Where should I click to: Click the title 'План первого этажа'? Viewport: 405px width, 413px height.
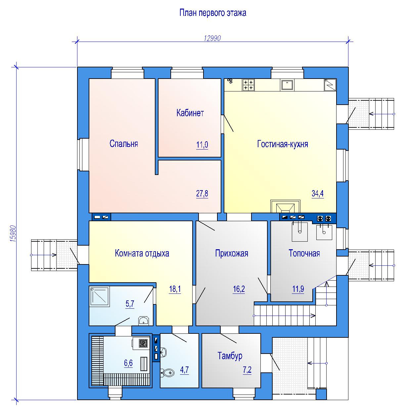click(213, 13)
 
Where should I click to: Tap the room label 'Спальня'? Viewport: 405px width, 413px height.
click(124, 144)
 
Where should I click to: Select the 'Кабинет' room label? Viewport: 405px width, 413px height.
click(190, 113)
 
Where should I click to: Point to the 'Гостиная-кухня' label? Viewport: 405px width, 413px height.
click(283, 144)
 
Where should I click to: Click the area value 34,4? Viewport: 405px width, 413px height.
click(318, 193)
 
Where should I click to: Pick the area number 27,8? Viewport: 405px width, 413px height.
click(202, 193)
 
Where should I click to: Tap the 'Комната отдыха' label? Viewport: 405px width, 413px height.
click(142, 253)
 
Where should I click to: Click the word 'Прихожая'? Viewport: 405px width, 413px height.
click(232, 253)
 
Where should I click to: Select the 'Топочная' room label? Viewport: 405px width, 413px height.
click(304, 253)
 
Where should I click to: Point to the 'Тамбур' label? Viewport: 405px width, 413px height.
click(230, 356)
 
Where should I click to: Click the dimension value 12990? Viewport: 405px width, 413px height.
click(212, 38)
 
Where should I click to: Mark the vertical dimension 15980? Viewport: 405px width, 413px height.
click(13, 233)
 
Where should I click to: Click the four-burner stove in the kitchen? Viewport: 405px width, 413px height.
click(248, 85)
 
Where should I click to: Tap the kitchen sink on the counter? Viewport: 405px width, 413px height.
click(287, 85)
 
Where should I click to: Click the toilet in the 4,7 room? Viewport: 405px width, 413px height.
click(168, 372)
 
